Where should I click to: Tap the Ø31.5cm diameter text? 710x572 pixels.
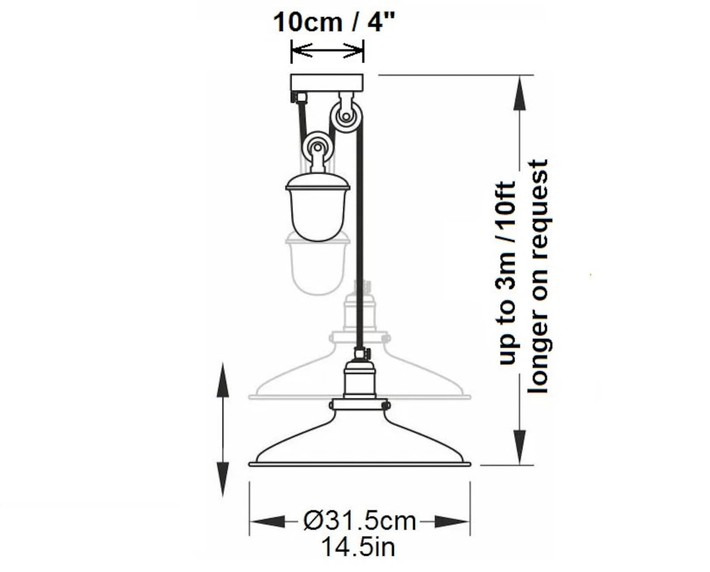tap(359, 521)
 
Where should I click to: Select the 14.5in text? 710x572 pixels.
tap(359, 547)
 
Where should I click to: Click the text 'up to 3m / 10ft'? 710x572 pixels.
tap(508, 273)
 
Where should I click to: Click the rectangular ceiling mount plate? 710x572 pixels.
tap(327, 83)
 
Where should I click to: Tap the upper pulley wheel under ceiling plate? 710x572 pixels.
tap(345, 117)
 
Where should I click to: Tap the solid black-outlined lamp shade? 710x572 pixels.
tap(359, 441)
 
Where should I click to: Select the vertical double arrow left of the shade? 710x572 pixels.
tap(223, 429)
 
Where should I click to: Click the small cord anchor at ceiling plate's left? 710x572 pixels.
tap(299, 97)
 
